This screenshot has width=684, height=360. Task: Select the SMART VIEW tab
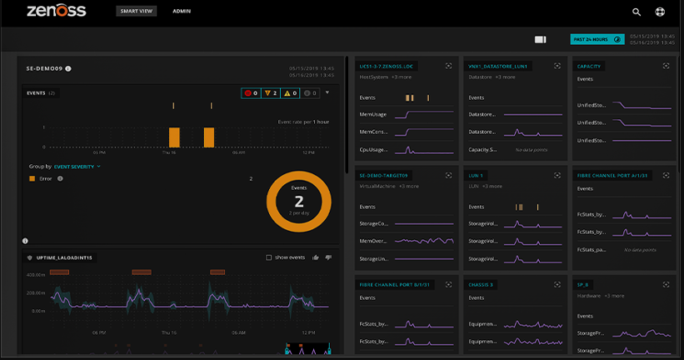coord(137,12)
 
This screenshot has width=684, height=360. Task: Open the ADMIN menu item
coord(182,12)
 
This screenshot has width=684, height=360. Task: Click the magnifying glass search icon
coord(637,12)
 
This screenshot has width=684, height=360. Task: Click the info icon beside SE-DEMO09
coord(68,68)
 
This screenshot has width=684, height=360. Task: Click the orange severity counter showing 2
coord(269,93)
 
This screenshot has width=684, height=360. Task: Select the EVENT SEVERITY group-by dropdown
coord(77,167)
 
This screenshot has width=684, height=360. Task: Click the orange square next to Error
coord(32,178)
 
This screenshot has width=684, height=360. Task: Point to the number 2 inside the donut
coord(298,202)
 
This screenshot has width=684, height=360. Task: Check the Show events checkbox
coord(269,257)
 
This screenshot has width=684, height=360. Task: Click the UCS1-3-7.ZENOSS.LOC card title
coord(387,66)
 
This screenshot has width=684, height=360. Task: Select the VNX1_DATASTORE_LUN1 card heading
coord(498,66)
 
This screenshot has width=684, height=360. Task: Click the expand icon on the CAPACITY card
coord(666,66)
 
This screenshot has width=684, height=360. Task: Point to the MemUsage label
coord(373,115)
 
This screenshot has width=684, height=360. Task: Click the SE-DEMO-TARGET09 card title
coord(385,176)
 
